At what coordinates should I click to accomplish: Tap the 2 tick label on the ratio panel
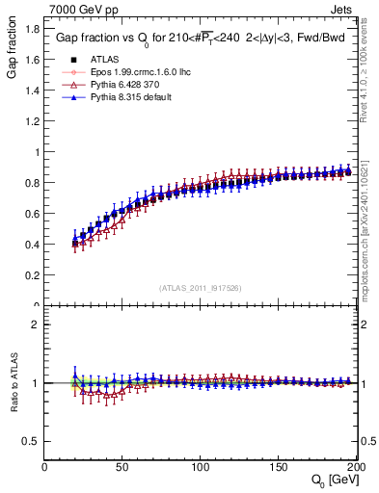(36, 324)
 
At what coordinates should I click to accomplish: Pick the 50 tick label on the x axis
(122, 467)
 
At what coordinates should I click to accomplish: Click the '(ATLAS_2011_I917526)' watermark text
(200, 288)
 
